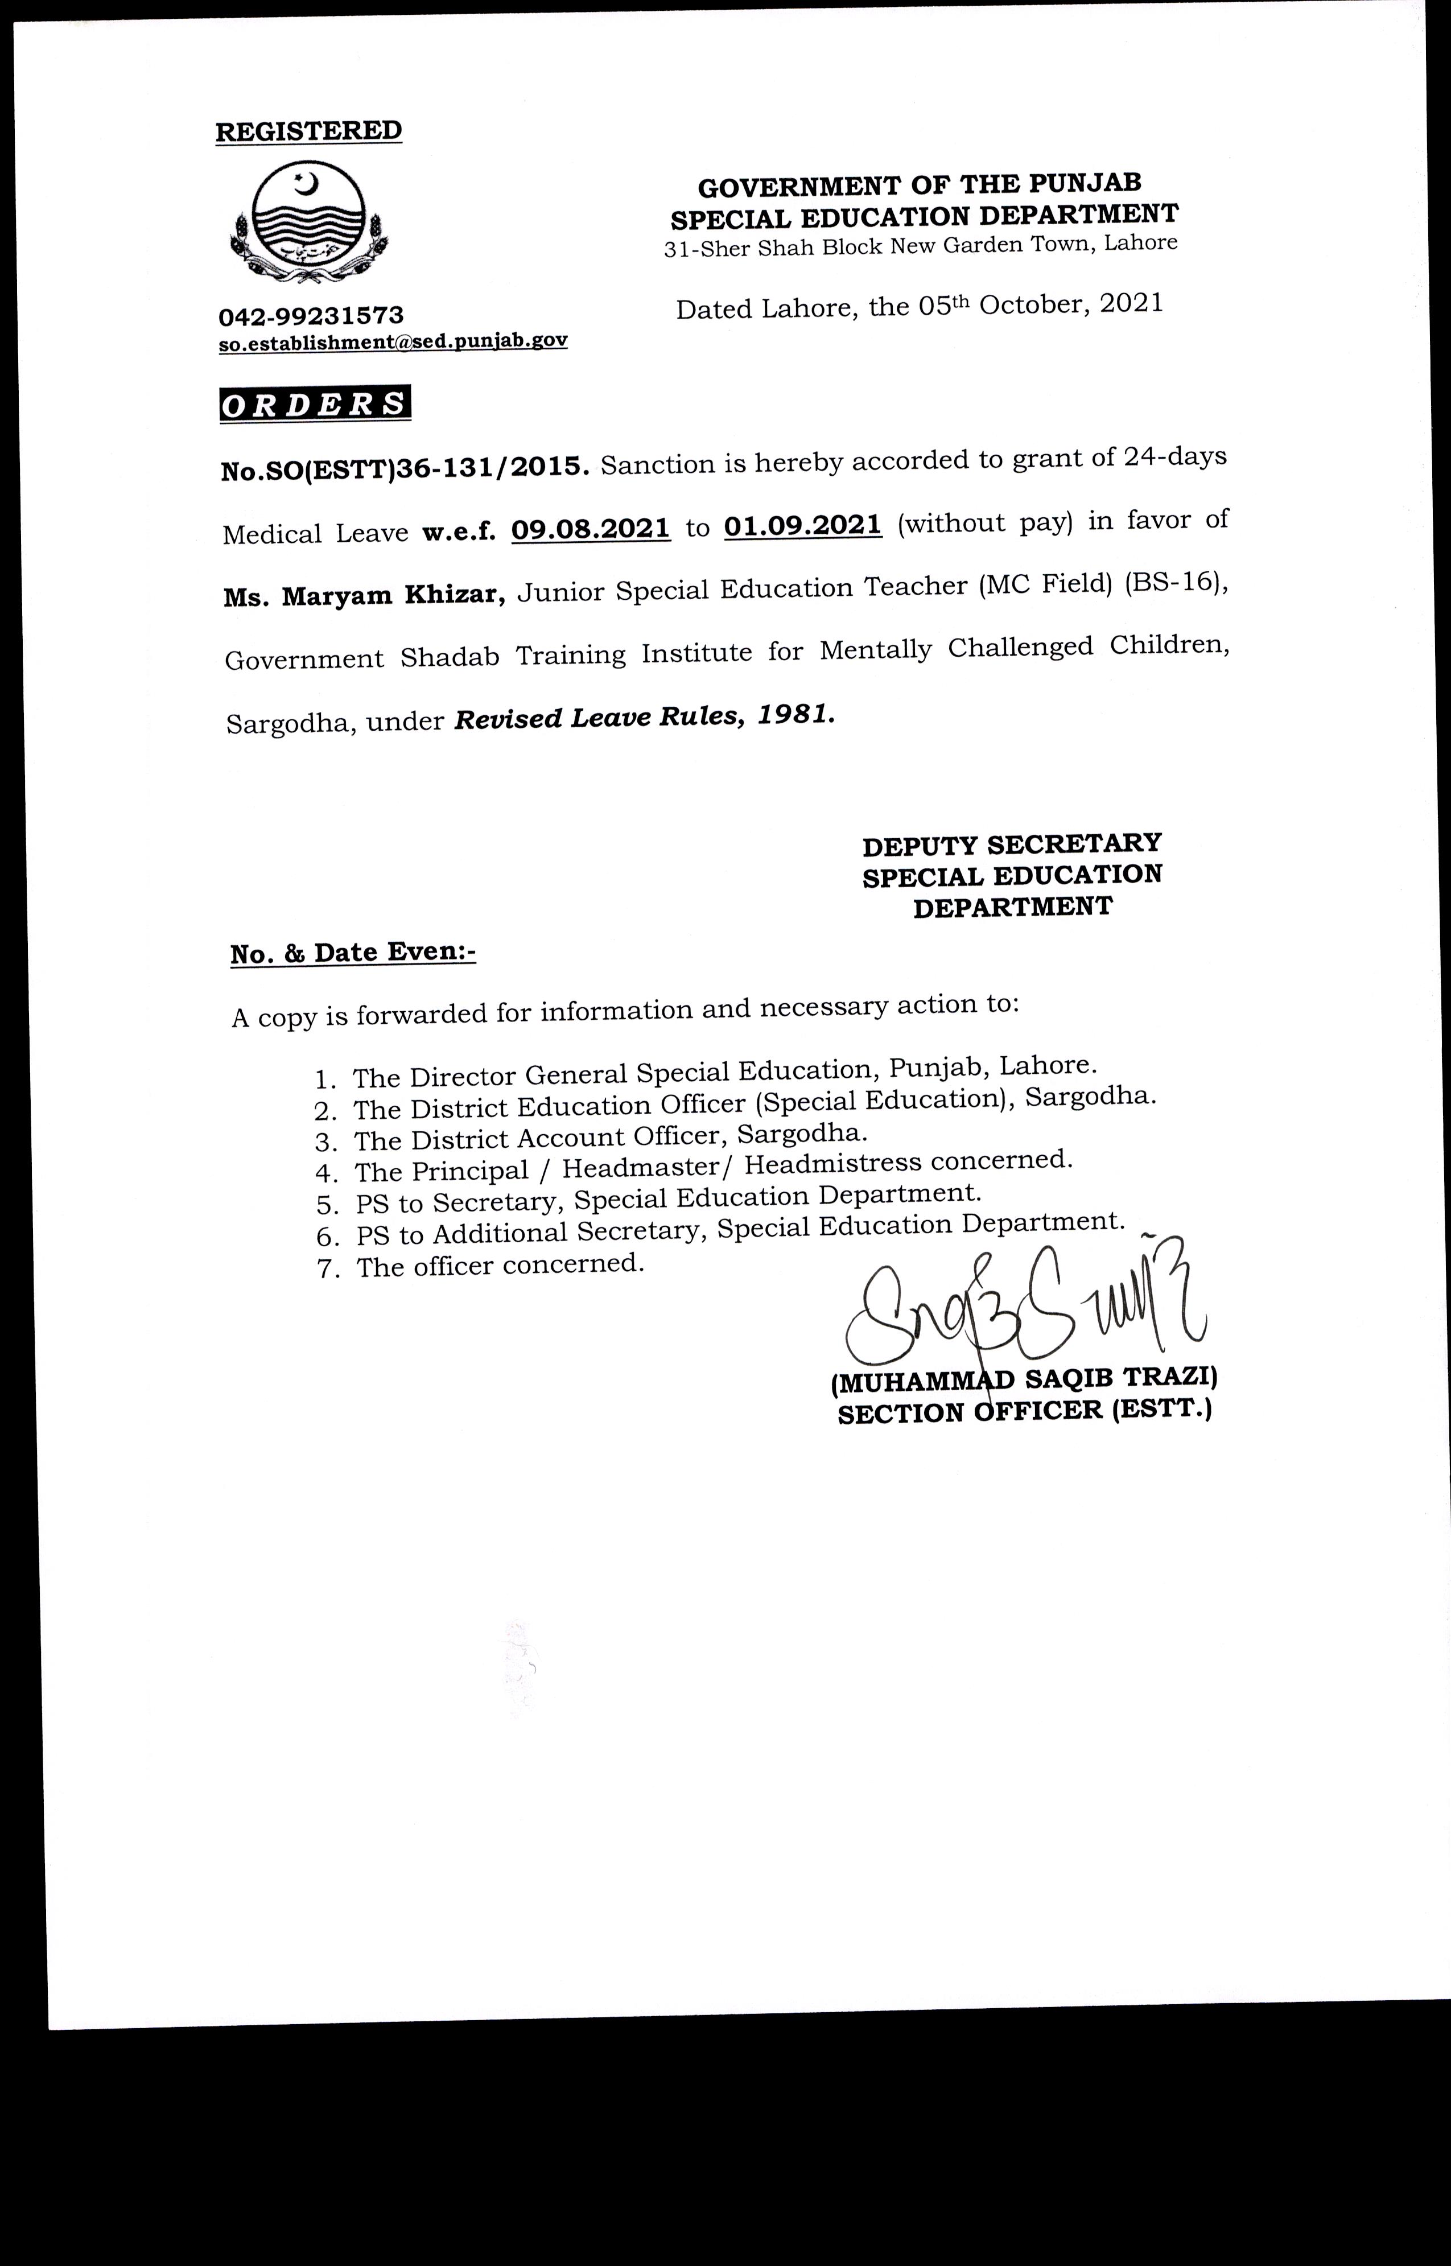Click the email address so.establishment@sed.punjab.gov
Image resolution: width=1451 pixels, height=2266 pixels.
(x=393, y=341)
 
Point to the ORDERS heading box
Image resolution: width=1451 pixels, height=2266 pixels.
(x=315, y=403)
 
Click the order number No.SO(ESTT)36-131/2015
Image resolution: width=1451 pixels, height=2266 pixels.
(x=405, y=468)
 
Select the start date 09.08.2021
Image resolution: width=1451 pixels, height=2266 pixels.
(x=591, y=528)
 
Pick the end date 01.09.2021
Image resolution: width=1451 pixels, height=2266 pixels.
(x=803, y=524)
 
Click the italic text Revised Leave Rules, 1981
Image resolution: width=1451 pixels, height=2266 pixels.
(x=645, y=718)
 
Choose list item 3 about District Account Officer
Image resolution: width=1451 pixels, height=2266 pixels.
(x=609, y=1137)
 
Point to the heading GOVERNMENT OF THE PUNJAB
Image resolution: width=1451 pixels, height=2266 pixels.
(x=920, y=185)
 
